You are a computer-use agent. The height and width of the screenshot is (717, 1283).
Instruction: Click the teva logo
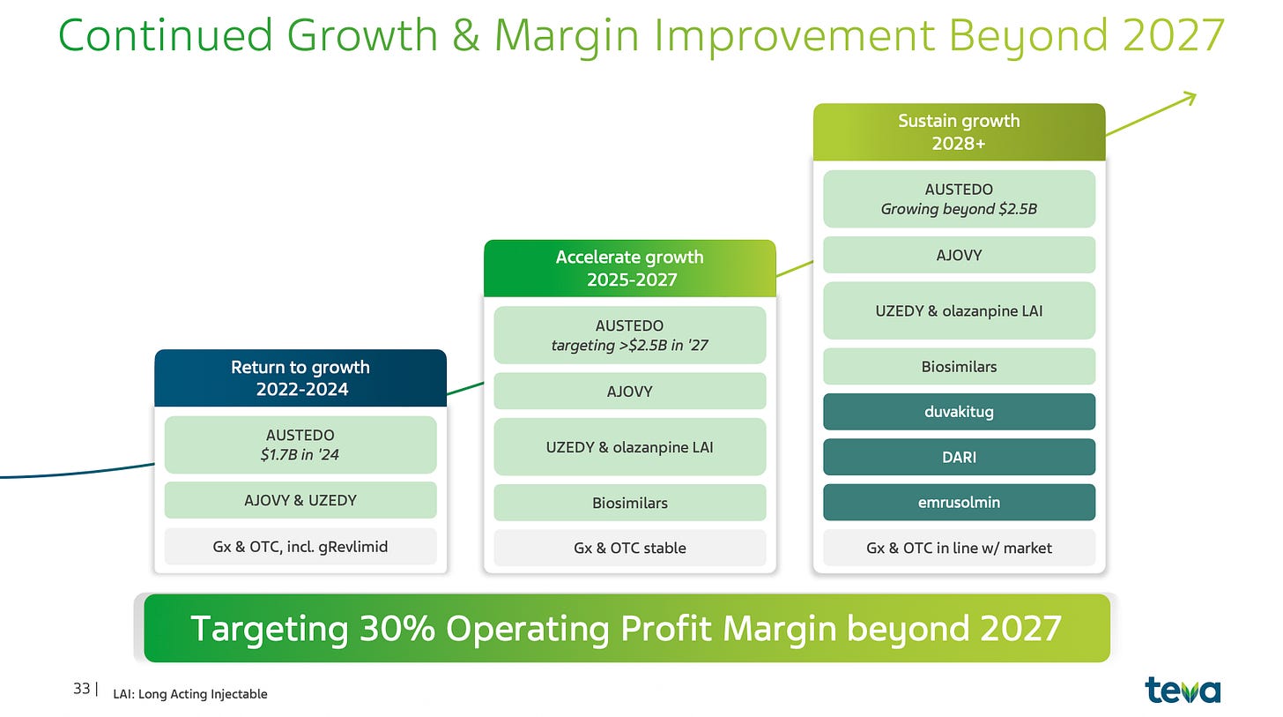(1183, 690)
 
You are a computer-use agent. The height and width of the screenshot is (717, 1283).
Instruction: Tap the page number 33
(81, 688)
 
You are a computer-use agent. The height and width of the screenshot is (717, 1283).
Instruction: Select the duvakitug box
(959, 412)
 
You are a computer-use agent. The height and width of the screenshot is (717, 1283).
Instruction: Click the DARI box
(959, 457)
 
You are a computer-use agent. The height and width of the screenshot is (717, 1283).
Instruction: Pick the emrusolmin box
(959, 502)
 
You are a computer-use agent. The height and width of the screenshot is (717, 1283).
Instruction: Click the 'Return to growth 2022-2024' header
(300, 377)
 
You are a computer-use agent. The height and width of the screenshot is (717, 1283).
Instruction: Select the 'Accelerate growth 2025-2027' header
(629, 268)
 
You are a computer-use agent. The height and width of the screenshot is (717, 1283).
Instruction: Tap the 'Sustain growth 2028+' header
(959, 131)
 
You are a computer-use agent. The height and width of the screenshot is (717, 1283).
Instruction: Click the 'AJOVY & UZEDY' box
(300, 500)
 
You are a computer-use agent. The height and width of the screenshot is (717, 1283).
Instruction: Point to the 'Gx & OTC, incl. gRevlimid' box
(300, 546)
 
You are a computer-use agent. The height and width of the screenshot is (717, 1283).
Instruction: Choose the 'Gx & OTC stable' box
(629, 548)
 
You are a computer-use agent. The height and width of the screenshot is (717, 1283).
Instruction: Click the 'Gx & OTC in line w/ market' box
(959, 548)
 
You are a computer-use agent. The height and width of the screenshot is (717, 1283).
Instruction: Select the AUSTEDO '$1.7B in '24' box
(300, 444)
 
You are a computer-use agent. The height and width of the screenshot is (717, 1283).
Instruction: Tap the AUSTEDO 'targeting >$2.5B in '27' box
(629, 335)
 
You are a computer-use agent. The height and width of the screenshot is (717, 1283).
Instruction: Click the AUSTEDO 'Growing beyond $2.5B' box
(959, 199)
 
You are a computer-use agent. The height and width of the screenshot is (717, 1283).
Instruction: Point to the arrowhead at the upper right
(1195, 94)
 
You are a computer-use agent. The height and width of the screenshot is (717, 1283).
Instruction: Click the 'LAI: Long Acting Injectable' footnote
(190, 693)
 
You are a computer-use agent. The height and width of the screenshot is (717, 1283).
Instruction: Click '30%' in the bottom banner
(397, 628)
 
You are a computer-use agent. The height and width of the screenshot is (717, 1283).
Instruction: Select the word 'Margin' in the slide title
(567, 35)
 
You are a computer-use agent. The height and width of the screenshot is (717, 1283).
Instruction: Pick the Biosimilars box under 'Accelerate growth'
(629, 503)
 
